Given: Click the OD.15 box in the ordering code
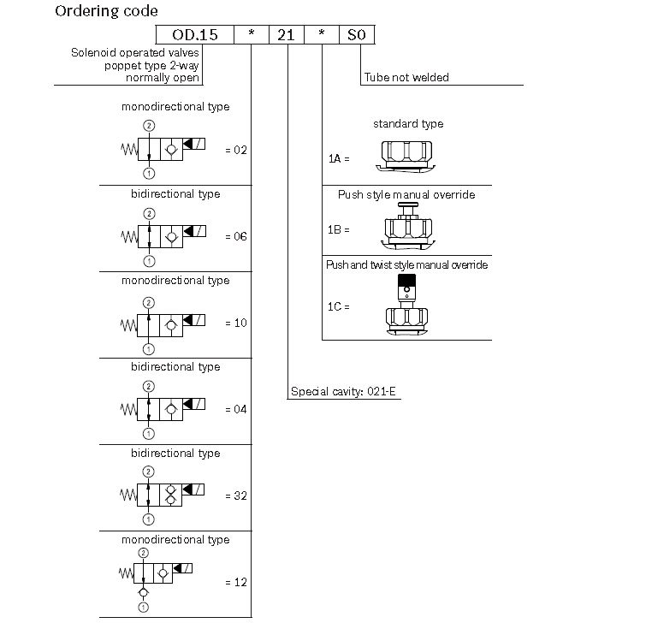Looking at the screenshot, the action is pyautogui.click(x=195, y=34).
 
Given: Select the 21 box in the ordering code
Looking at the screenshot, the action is pyautogui.click(x=287, y=34).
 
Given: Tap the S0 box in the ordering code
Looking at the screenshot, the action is pyautogui.click(x=357, y=34).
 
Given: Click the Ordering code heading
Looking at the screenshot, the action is pyautogui.click(x=106, y=11).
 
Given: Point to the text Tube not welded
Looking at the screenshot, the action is pyautogui.click(x=406, y=78).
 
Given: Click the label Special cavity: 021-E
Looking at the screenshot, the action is pyautogui.click(x=343, y=391).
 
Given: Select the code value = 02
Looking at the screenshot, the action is pyautogui.click(x=236, y=150).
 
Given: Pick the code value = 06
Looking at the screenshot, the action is pyautogui.click(x=236, y=236).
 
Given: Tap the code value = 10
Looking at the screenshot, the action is pyautogui.click(x=236, y=323).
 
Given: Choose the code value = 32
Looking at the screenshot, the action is pyautogui.click(x=236, y=495).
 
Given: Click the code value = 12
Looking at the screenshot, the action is pyautogui.click(x=236, y=582).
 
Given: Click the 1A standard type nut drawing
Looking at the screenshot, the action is pyautogui.click(x=406, y=157).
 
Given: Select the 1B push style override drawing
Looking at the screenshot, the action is pyautogui.click(x=408, y=226).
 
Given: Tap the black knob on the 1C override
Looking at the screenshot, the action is pyautogui.click(x=406, y=278).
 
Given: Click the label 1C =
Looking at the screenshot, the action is pyautogui.click(x=338, y=306).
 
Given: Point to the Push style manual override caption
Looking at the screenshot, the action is pyautogui.click(x=406, y=194).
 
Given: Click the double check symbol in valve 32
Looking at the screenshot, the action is pyautogui.click(x=170, y=495).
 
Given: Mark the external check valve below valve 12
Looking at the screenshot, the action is pyautogui.click(x=144, y=592).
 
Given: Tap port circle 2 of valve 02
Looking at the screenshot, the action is pyautogui.click(x=149, y=126).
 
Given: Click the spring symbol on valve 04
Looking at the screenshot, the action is pyautogui.click(x=128, y=410).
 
